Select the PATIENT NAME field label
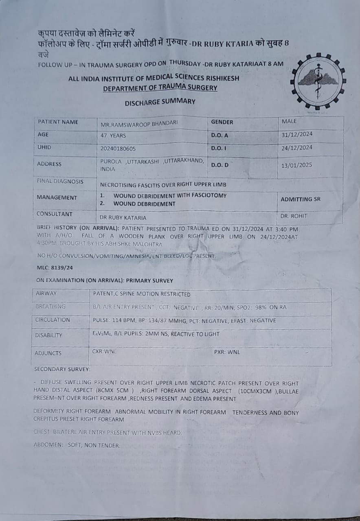(x=58, y=122)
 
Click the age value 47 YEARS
(x=113, y=136)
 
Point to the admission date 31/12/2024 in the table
(x=297, y=134)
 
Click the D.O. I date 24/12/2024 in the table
(x=297, y=148)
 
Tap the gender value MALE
(x=289, y=121)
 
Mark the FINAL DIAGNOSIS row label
(x=60, y=182)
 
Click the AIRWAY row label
(x=46, y=293)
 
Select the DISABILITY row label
(x=49, y=335)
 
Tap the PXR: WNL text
(x=227, y=352)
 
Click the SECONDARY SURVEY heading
(x=62, y=370)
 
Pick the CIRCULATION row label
(x=53, y=320)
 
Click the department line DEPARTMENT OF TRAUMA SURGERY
(x=160, y=88)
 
